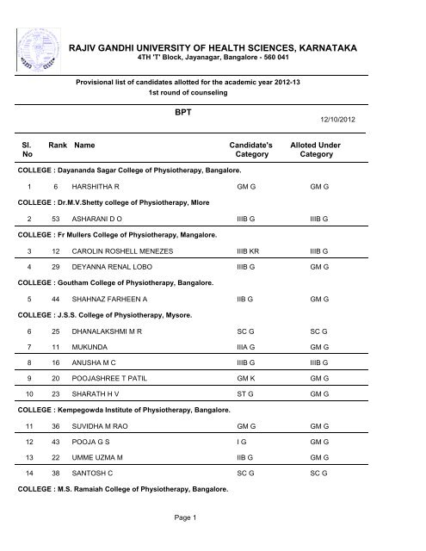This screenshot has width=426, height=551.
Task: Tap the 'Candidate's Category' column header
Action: (x=250, y=152)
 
